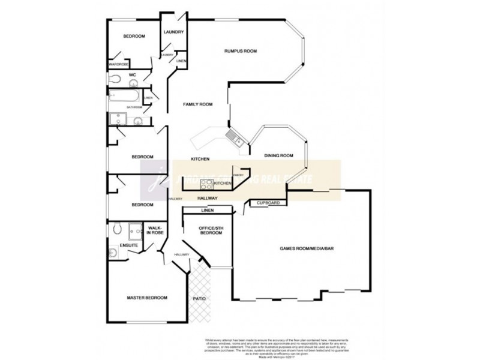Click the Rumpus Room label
click(240, 52)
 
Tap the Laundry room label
click(173, 32)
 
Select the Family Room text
click(198, 104)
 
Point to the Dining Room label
click(278, 156)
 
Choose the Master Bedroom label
click(146, 298)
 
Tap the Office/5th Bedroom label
click(206, 230)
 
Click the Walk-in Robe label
click(155, 230)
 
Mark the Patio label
click(199, 297)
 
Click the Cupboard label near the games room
click(268, 203)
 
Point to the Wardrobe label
click(118, 64)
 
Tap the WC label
click(133, 75)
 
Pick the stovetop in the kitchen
click(207, 184)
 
